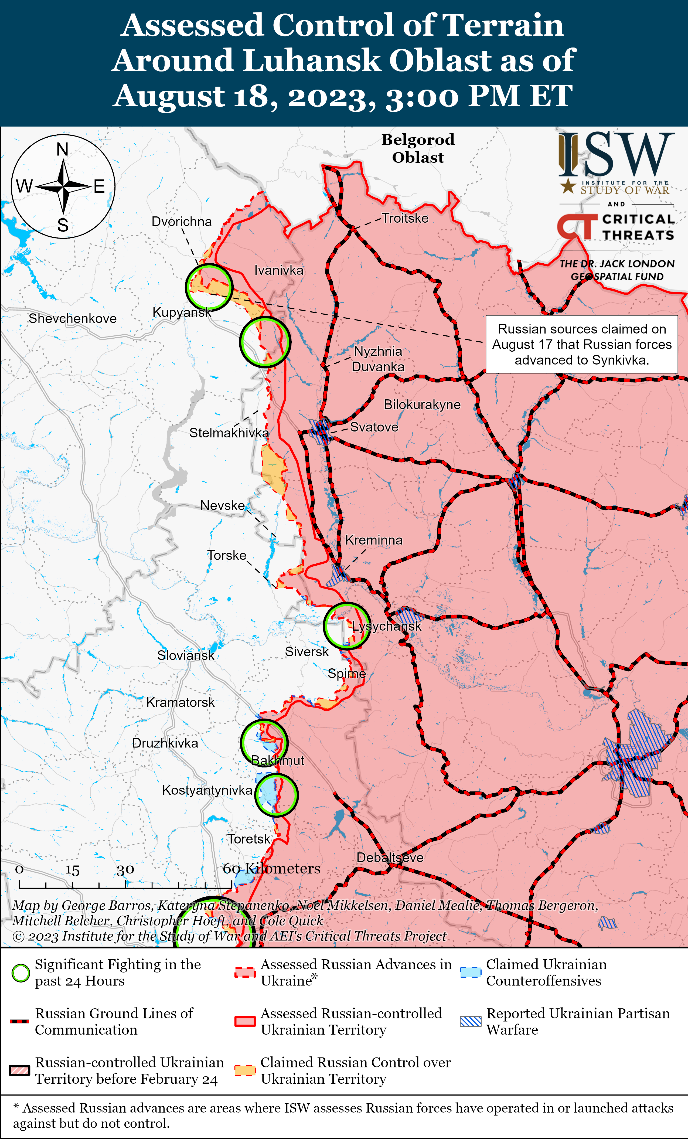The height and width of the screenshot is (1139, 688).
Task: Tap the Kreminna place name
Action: pyautogui.click(x=373, y=540)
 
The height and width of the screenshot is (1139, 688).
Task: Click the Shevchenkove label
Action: pyautogui.click(x=73, y=318)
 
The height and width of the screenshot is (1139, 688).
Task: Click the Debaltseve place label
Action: pyautogui.click(x=390, y=858)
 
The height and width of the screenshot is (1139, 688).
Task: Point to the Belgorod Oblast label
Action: pyautogui.click(x=418, y=148)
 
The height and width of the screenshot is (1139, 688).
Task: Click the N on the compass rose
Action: pyautogui.click(x=62, y=149)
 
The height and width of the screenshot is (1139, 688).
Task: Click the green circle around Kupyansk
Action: pyautogui.click(x=209, y=287)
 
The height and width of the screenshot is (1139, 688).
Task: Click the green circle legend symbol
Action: pyautogui.click(x=20, y=973)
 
